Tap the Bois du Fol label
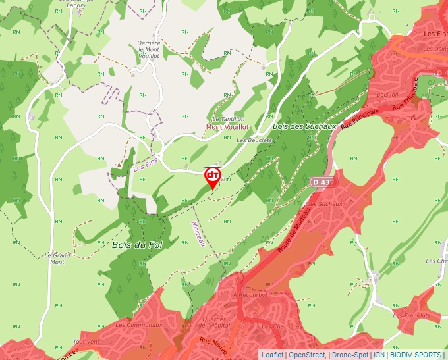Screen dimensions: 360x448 coord(137,245)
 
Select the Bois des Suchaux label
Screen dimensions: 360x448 coord(304,126)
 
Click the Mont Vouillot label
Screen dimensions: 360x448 coord(227,126)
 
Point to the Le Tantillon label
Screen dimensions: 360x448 coord(229,118)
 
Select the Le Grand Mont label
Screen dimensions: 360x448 coord(57,258)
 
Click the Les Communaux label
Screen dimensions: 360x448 coord(138,325)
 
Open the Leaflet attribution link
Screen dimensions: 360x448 coord(272,355)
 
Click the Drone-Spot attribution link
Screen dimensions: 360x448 coord(349,355)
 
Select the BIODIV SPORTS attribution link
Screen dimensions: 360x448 coord(416,355)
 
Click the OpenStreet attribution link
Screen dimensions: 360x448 coord(307,355)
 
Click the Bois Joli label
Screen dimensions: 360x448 coord(383,95)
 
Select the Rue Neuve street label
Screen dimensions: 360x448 coord(213,346)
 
